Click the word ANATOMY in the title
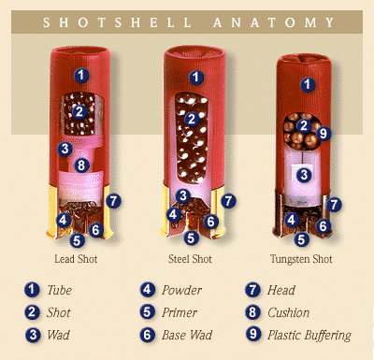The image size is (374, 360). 274,22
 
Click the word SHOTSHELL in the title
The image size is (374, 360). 118,22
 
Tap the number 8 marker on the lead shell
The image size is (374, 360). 81,165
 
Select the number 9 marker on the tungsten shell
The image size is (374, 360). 324,134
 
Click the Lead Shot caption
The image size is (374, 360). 76,259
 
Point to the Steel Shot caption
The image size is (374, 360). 190,259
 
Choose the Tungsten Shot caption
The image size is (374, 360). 301,259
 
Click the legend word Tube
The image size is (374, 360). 59,290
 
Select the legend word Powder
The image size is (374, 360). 181,290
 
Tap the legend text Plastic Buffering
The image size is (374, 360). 309,336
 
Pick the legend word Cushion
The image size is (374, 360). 289,312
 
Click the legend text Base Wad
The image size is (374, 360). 187,335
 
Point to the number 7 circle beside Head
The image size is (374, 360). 252,290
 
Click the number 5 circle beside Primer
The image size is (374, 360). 147,312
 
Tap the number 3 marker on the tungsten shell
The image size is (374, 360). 304,175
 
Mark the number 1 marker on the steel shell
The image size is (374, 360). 195,78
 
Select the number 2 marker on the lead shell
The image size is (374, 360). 79,111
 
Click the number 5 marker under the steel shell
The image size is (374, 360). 191,238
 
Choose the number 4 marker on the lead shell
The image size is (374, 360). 64,220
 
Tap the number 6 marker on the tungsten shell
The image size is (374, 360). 323,226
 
